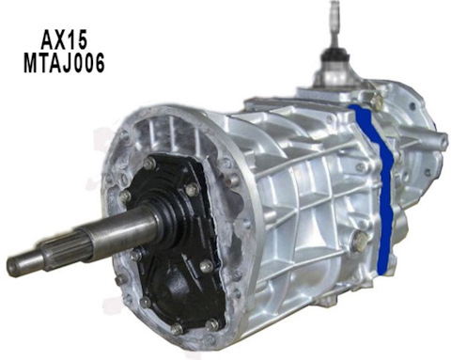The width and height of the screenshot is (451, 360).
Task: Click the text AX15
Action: (x=64, y=39)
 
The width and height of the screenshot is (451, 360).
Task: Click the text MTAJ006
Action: (x=64, y=64)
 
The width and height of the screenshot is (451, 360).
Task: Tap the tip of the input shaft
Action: (x=9, y=266)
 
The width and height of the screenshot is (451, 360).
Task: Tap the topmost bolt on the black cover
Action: (x=149, y=163)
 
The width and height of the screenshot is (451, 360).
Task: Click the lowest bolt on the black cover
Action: (x=176, y=328)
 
